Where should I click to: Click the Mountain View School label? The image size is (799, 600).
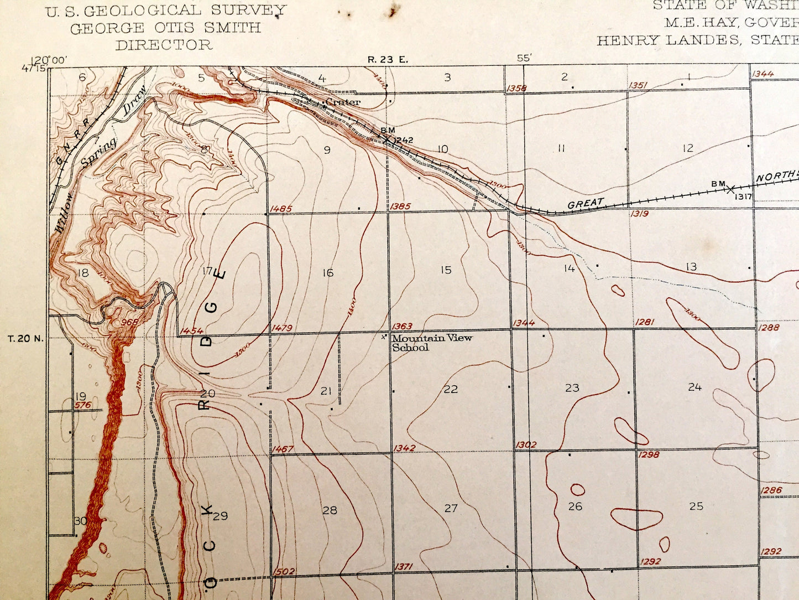click(x=431, y=343)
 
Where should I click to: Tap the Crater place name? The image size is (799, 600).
click(x=343, y=102)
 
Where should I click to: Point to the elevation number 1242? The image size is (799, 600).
click(x=404, y=140)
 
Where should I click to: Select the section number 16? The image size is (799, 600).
click(x=328, y=272)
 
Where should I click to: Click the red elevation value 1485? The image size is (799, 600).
click(x=281, y=209)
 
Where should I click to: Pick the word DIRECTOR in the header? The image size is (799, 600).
click(x=164, y=45)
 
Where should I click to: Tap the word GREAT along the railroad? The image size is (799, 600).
click(x=586, y=204)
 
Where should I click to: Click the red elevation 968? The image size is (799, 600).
click(x=129, y=322)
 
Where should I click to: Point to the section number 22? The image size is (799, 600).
click(x=451, y=389)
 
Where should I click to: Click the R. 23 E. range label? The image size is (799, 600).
click(x=387, y=59)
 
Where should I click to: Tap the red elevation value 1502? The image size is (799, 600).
click(x=284, y=571)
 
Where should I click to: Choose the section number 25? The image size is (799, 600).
click(x=696, y=505)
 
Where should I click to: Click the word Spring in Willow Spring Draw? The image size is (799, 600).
click(x=100, y=152)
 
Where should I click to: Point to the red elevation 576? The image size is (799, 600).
click(x=82, y=405)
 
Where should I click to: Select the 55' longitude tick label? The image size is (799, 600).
click(x=524, y=58)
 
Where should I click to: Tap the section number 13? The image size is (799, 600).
click(x=691, y=267)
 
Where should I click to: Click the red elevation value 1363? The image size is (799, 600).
click(x=401, y=327)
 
